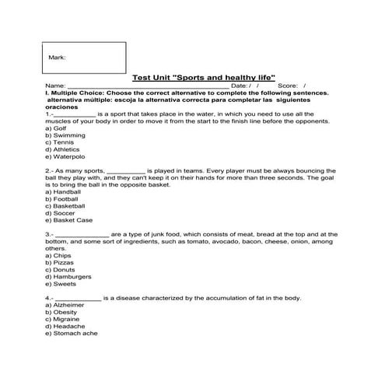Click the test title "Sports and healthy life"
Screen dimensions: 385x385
point(205,78)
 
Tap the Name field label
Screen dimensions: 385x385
point(55,86)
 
